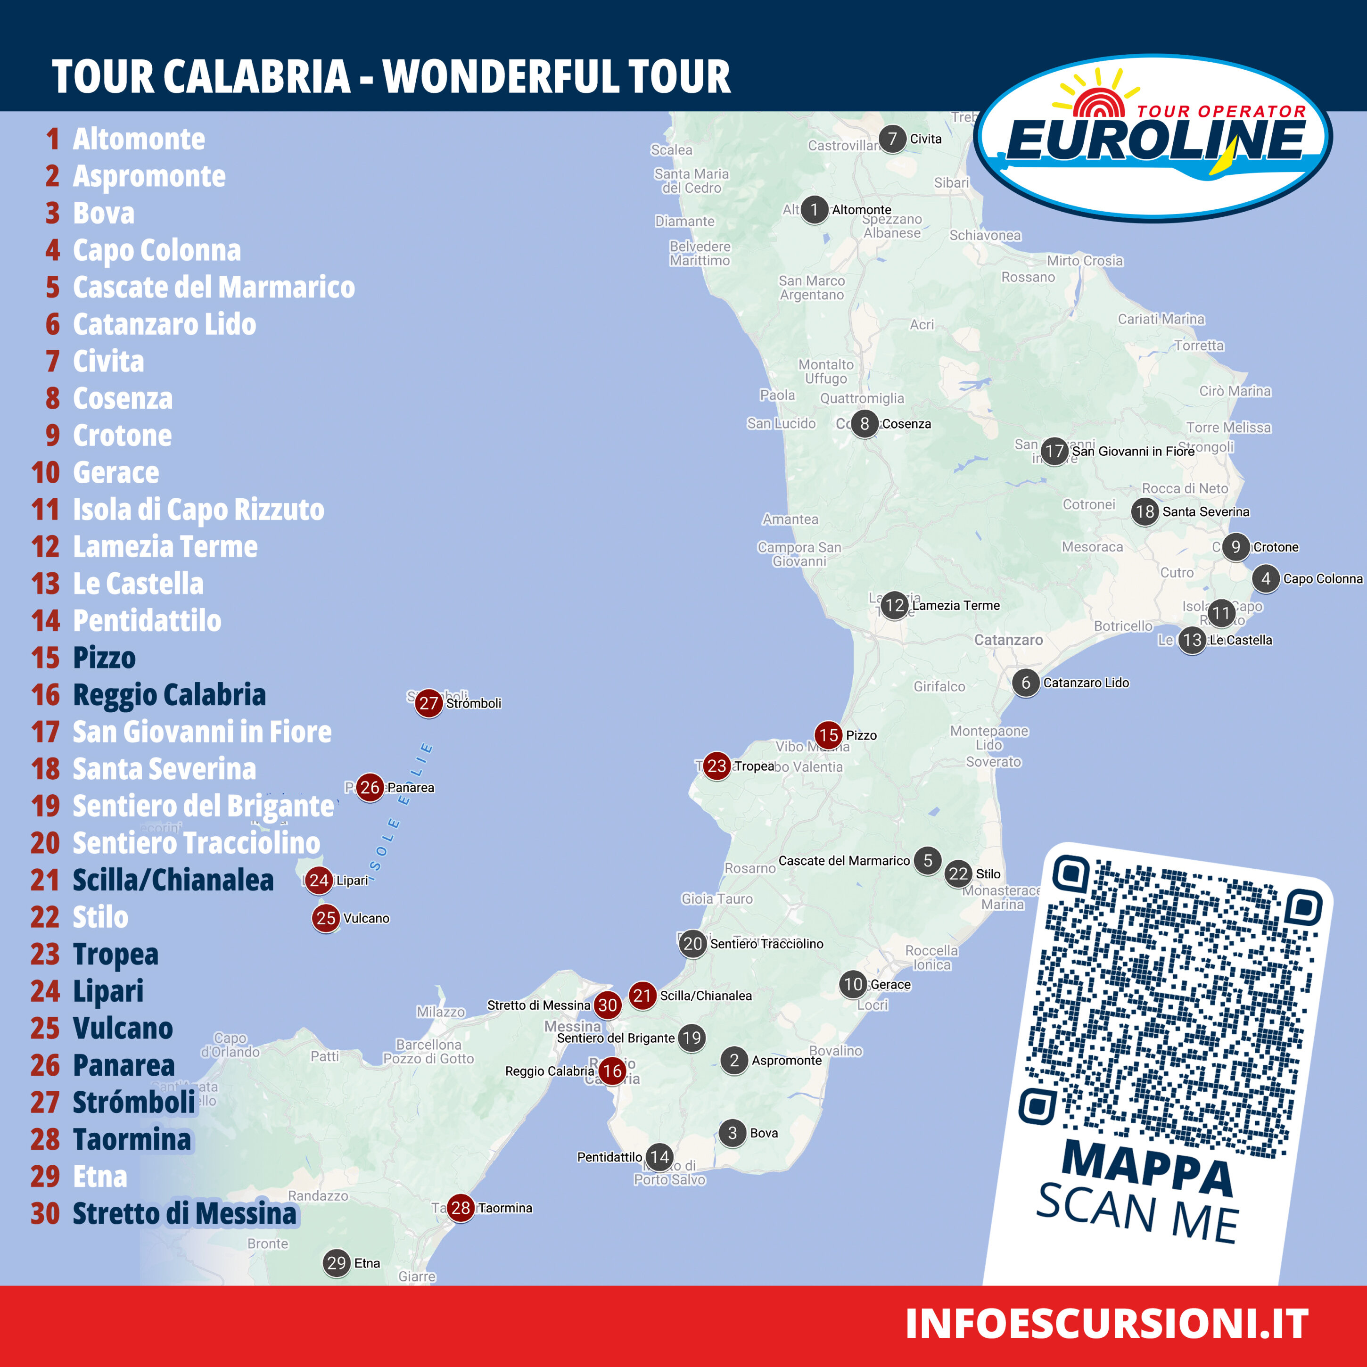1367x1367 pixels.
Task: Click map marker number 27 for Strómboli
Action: pyautogui.click(x=428, y=703)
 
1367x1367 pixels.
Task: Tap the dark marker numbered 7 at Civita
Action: pyautogui.click(x=892, y=139)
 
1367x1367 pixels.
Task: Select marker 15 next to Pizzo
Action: pyautogui.click(x=828, y=735)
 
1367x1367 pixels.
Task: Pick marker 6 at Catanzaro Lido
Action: pyautogui.click(x=1025, y=683)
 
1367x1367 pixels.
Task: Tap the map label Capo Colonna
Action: pyautogui.click(x=1322, y=579)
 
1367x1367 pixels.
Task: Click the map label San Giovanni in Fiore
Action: pyautogui.click(x=1133, y=452)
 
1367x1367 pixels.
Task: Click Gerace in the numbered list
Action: pyautogui.click(x=116, y=473)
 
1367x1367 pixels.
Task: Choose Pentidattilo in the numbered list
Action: pyautogui.click(x=147, y=620)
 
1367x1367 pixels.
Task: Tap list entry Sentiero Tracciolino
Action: pyautogui.click(x=196, y=843)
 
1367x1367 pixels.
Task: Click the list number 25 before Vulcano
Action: pyautogui.click(x=45, y=1028)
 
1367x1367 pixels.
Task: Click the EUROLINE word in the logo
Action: pyautogui.click(x=1155, y=140)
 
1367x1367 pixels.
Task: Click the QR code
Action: pyautogui.click(x=1171, y=1005)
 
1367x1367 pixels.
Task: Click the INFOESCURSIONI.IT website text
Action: pyautogui.click(x=1106, y=1323)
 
